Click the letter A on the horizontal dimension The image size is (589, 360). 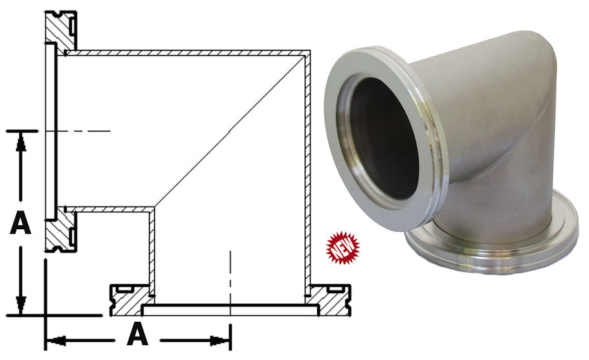click(x=137, y=335)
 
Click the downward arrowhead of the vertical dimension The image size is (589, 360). click(x=21, y=304)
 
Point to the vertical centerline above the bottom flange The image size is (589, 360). click(x=230, y=272)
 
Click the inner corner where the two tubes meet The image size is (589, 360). click(x=153, y=208)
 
